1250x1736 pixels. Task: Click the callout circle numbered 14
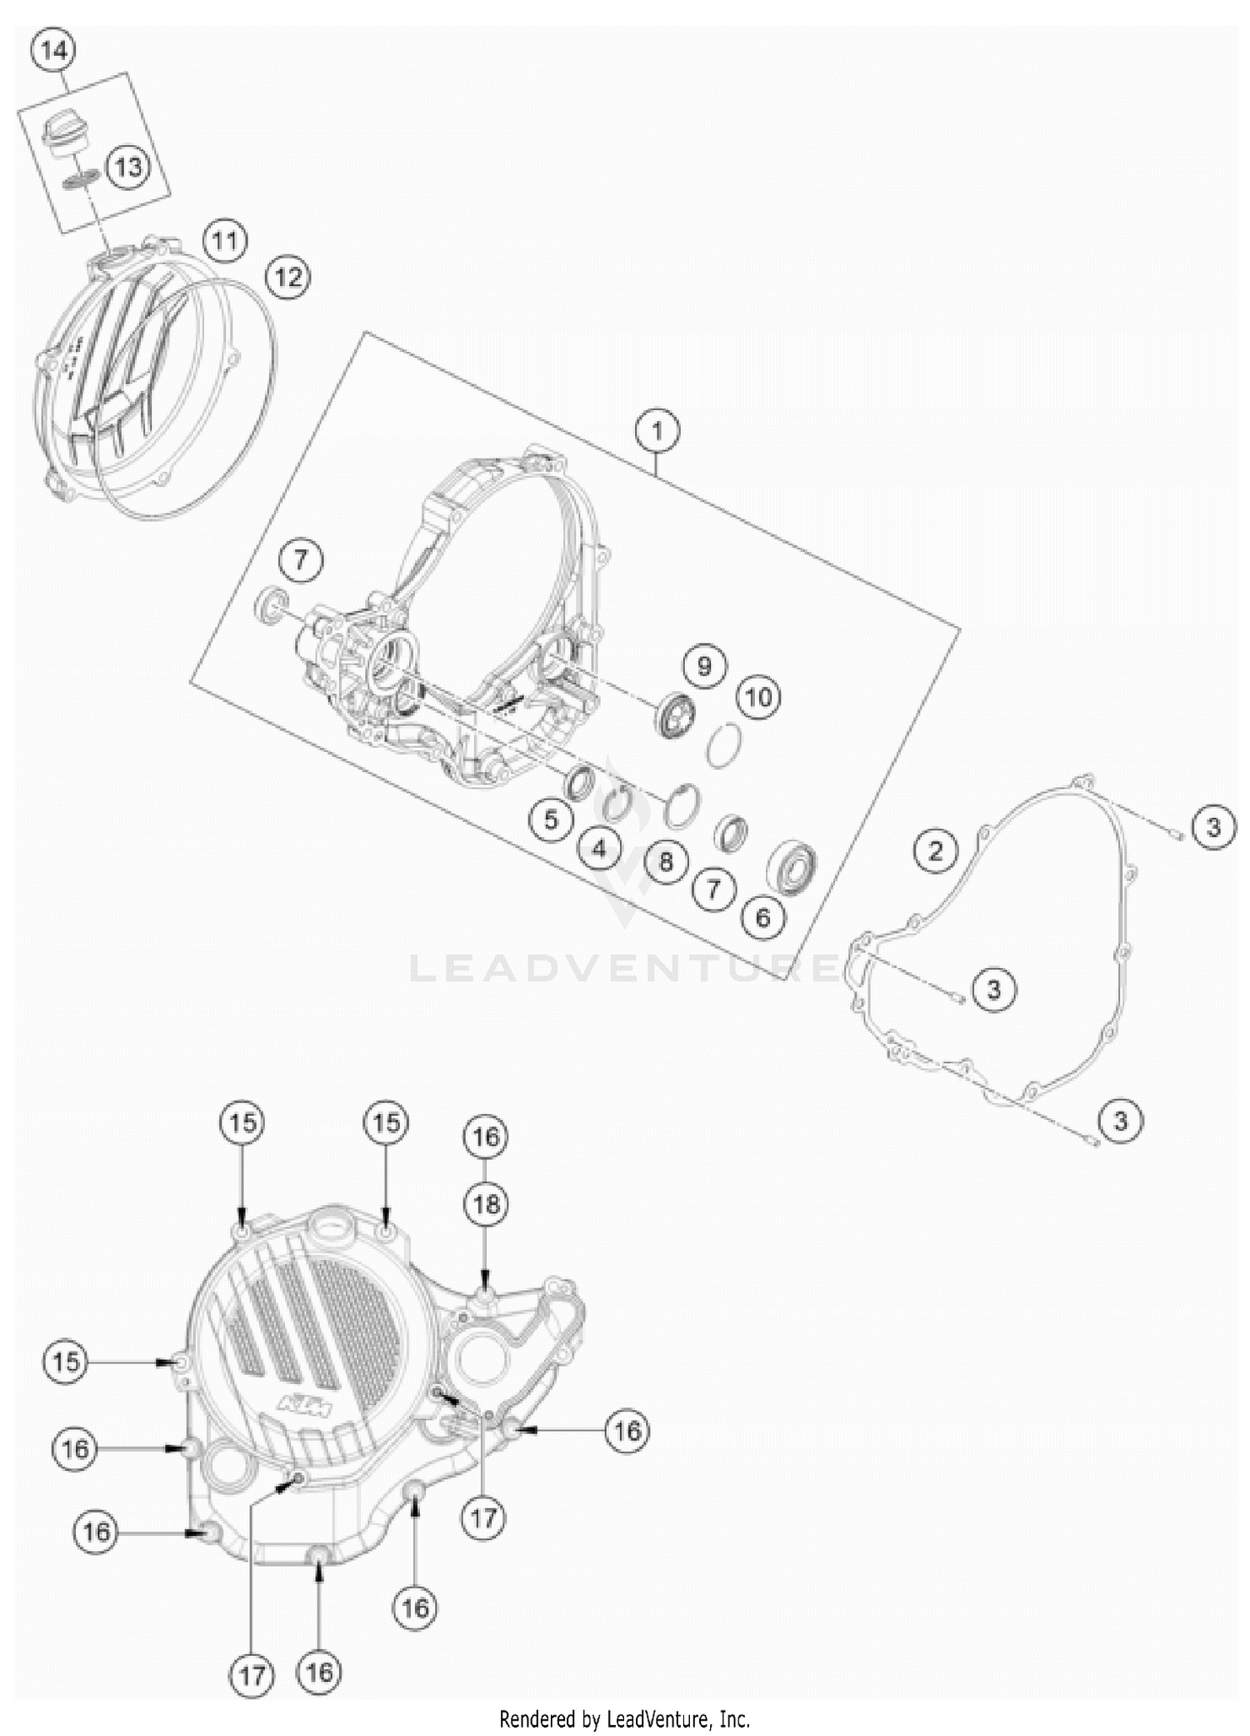(x=52, y=51)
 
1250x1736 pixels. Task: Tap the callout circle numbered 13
(x=128, y=167)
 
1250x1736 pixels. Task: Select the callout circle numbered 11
(x=224, y=242)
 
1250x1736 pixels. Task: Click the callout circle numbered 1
(x=657, y=431)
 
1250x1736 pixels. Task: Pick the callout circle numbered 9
(x=704, y=666)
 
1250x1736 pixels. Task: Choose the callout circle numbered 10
(x=758, y=697)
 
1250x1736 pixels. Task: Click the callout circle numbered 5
(x=551, y=820)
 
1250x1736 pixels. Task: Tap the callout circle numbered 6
(x=762, y=917)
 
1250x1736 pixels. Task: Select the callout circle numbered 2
(x=936, y=850)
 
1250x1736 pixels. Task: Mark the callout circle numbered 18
(x=486, y=1203)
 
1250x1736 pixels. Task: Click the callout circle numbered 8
(x=665, y=861)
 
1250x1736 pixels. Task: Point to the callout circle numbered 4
(x=599, y=850)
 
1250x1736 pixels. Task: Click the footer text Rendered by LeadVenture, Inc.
(x=624, y=1718)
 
